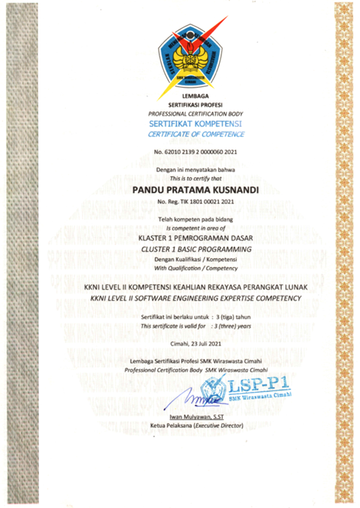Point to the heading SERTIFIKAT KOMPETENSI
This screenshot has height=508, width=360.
[x=195, y=125]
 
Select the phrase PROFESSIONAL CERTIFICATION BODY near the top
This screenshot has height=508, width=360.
[x=195, y=114]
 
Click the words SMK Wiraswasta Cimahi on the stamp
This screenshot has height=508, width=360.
[x=259, y=397]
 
